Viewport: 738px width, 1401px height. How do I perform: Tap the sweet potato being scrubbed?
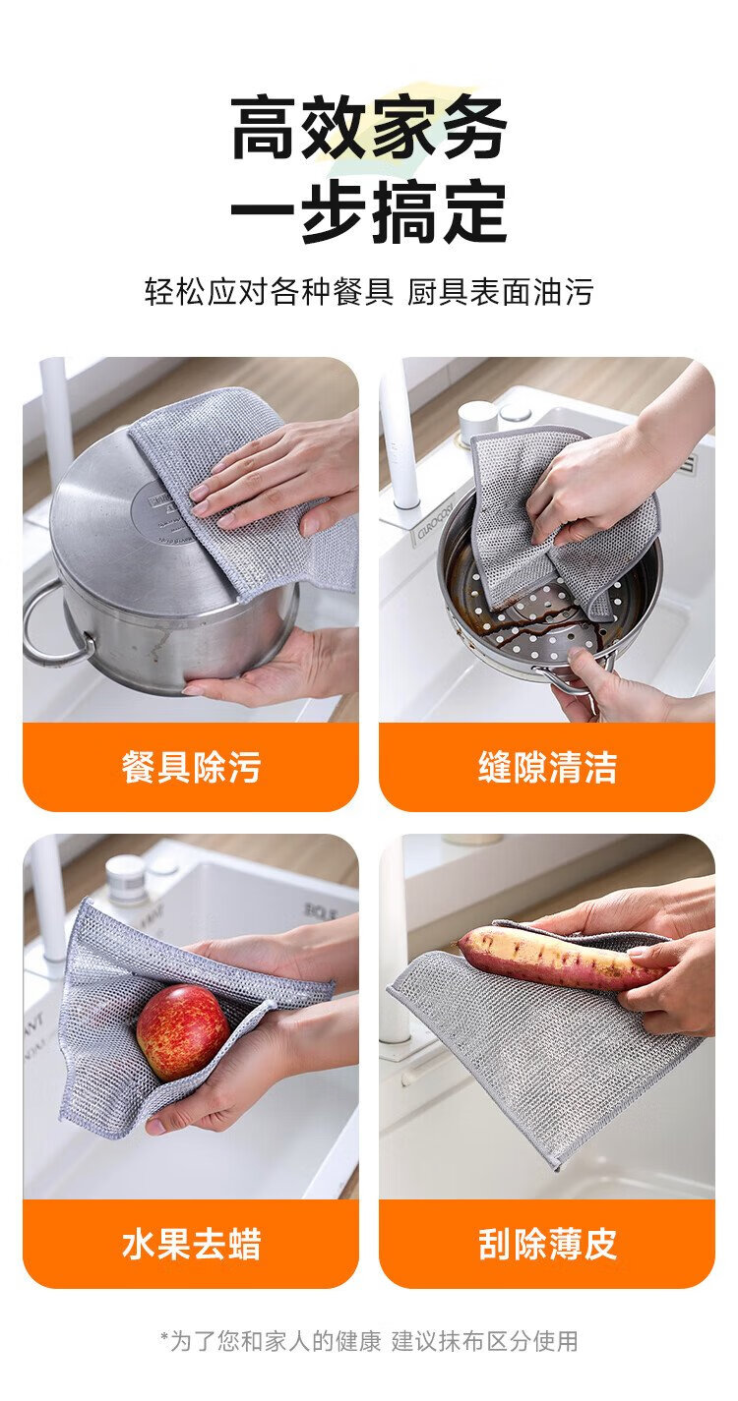tap(557, 954)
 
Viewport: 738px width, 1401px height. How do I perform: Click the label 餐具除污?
tap(191, 767)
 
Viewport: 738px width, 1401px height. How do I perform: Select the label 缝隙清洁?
tap(547, 767)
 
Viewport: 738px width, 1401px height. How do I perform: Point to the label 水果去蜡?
tap(191, 1245)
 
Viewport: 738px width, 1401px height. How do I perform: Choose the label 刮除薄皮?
tap(547, 1245)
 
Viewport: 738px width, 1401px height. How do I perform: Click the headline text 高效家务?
tap(369, 128)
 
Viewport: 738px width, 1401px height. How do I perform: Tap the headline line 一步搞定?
tap(369, 211)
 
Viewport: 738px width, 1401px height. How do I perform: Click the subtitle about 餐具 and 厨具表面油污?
tap(369, 292)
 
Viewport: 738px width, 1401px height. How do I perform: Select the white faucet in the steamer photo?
tap(400, 438)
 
